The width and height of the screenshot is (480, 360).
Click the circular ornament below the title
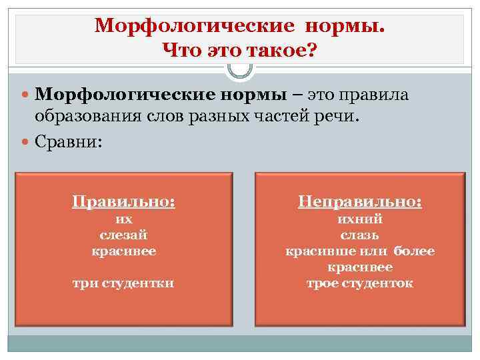click(x=240, y=68)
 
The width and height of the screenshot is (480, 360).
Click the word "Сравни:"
click(x=69, y=141)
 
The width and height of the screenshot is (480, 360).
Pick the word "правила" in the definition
click(x=381, y=95)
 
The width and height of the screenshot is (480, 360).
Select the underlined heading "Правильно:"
click(x=124, y=200)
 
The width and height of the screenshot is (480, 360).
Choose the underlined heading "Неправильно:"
click(x=360, y=200)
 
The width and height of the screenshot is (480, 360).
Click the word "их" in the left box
click(x=124, y=219)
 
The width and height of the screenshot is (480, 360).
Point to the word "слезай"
click(x=124, y=235)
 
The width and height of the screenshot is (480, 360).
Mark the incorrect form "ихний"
click(x=360, y=219)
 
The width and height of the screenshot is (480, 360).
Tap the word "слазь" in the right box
click(x=360, y=235)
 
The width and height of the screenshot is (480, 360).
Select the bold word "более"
click(x=414, y=251)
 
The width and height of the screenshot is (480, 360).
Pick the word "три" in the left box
click(x=83, y=283)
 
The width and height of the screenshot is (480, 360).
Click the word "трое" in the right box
click(x=322, y=283)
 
